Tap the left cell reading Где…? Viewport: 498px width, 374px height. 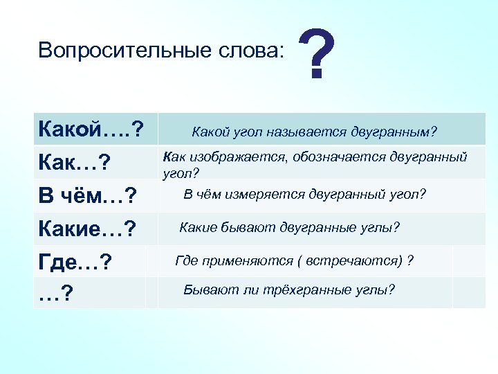[75, 263]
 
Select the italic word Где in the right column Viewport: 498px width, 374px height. [187, 260]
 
